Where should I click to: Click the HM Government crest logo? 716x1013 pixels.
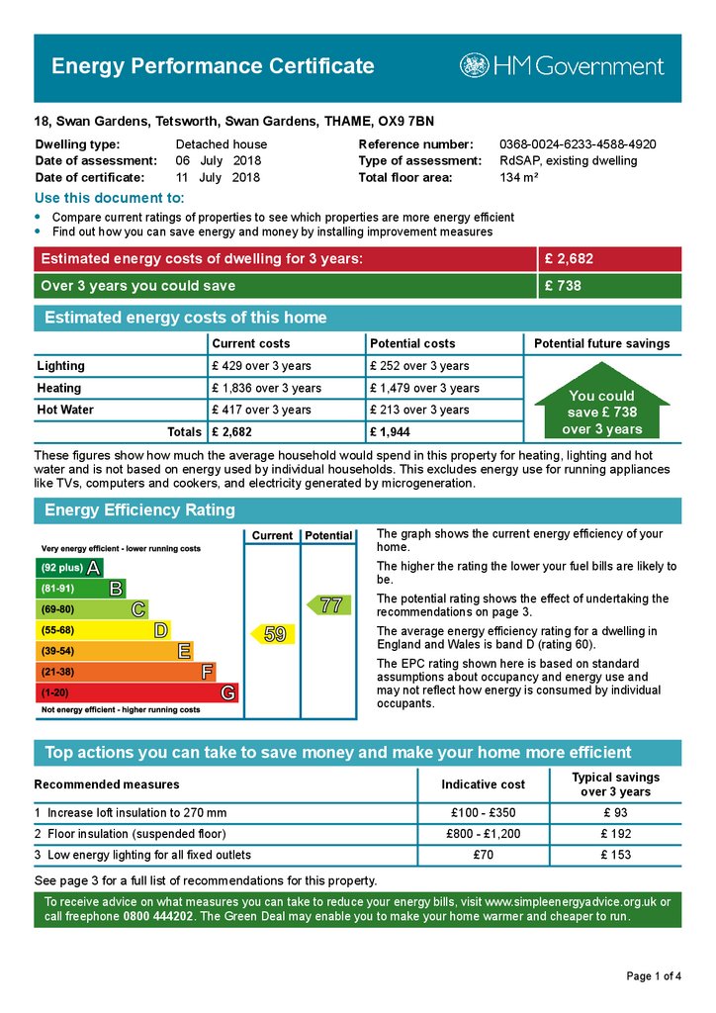[474, 66]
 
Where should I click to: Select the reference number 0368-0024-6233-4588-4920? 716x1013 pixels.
[578, 144]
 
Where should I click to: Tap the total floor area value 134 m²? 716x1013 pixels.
[519, 178]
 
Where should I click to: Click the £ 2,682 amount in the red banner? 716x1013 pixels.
[569, 259]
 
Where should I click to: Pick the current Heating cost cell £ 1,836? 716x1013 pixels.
[266, 388]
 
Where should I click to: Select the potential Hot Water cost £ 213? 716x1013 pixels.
[418, 410]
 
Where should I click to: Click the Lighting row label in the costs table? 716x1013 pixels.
[61, 366]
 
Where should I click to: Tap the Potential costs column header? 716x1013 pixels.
[412, 343]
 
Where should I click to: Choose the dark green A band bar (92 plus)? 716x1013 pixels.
[68, 568]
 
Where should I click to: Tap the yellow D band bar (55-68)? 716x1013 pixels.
[102, 630]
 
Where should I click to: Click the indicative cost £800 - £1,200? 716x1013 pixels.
[483, 834]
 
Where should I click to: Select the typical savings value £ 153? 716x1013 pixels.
[615, 855]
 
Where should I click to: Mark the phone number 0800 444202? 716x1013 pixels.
[160, 917]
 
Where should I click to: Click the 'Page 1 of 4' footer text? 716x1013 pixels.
[654, 976]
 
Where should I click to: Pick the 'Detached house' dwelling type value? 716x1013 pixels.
[222, 144]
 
